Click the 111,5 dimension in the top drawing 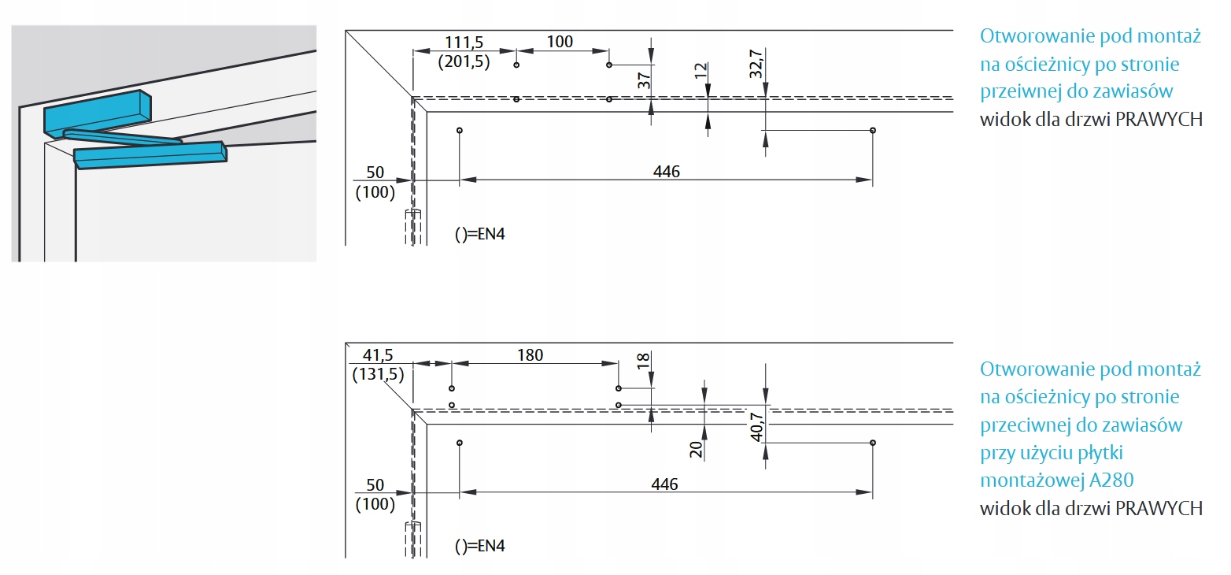[x=465, y=42]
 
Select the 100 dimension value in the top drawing [x=560, y=42]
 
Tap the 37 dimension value [x=643, y=80]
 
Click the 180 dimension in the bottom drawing [x=530, y=355]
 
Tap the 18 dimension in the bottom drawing [x=643, y=361]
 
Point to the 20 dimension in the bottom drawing [x=696, y=449]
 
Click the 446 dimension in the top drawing [x=665, y=172]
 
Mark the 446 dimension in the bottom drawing [x=665, y=484]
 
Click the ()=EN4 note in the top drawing [x=479, y=234]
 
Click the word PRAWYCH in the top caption [x=1159, y=120]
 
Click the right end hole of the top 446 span [x=872, y=129]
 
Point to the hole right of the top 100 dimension [x=608, y=65]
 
